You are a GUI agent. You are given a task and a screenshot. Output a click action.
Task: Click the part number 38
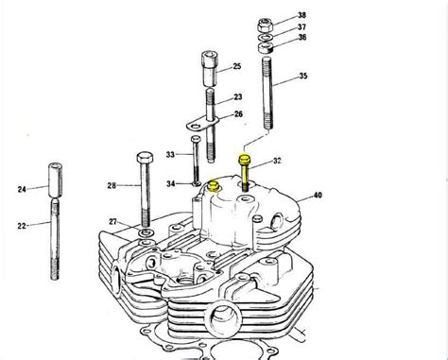[302, 15]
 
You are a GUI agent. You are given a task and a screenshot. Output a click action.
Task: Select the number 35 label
[302, 76]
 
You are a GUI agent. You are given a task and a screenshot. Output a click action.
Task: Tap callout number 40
[318, 196]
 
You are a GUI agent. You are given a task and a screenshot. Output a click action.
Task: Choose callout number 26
[237, 114]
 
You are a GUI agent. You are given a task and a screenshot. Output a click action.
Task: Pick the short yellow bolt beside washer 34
[215, 188]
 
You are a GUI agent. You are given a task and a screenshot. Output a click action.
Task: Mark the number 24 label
[21, 188]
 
